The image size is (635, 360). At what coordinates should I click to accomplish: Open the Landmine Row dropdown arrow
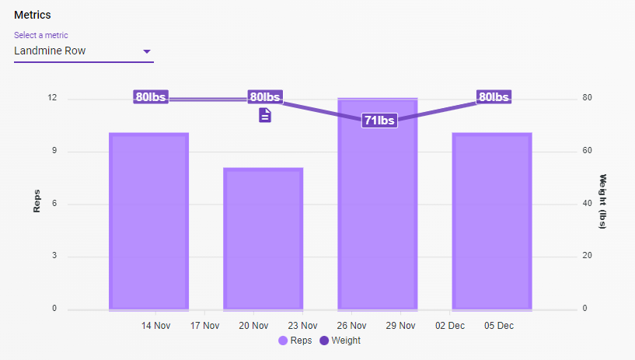pos(146,52)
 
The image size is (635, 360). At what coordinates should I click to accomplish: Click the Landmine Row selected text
pos(50,51)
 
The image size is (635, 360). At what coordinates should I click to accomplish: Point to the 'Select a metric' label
pos(40,35)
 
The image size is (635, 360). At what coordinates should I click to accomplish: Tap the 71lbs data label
pos(379,121)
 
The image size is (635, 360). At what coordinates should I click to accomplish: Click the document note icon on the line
pos(265,115)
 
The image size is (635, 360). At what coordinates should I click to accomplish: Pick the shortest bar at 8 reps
pos(263,239)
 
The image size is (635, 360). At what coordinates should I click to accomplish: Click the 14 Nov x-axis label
pos(156,325)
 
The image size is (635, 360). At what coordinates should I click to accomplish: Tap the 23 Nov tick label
pos(302,325)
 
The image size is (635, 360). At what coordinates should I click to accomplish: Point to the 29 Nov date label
pos(400,325)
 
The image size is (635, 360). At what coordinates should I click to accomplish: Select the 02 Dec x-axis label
pos(449,325)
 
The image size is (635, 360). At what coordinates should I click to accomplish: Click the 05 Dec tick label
pos(498,325)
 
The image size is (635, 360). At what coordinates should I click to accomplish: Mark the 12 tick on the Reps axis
pos(52,98)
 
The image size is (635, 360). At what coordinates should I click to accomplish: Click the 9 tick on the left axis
pos(54,151)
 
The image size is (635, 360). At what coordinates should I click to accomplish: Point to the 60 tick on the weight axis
pos(588,151)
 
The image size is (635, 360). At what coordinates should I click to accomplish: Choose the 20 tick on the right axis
pos(588,256)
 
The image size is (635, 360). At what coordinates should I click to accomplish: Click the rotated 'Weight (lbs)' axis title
pos(603,202)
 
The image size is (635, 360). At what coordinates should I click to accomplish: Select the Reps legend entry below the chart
pos(296,341)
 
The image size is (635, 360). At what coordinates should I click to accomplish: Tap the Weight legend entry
pos(340,341)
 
